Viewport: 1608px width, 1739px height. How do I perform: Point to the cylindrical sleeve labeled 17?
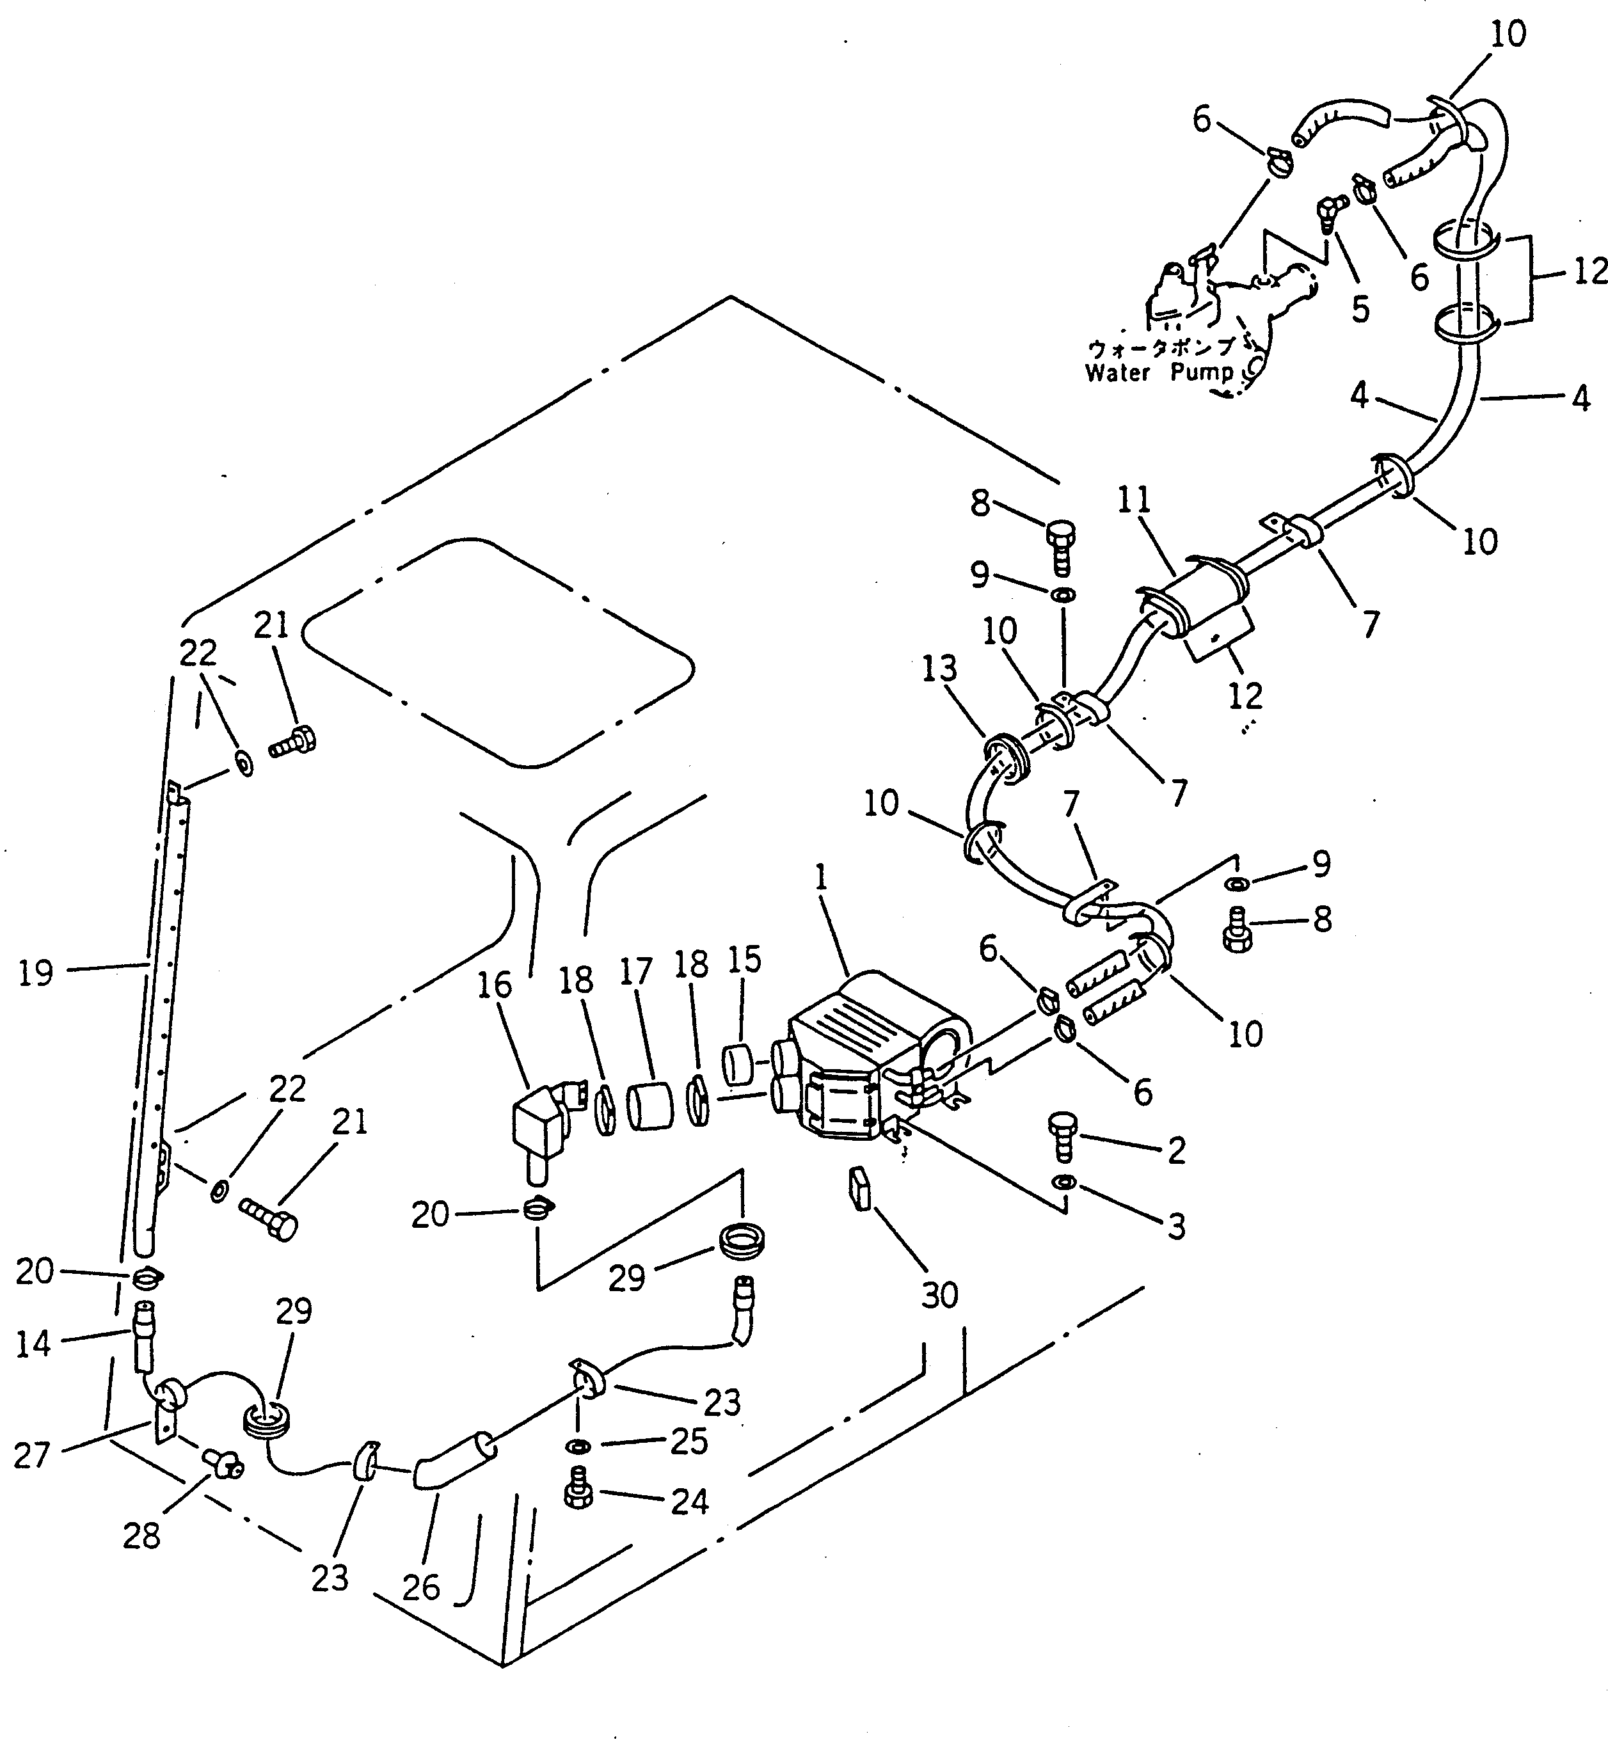(651, 1105)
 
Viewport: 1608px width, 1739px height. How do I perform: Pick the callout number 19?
(36, 973)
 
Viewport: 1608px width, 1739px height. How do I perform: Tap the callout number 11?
(1134, 500)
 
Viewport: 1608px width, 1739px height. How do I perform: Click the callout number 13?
(940, 668)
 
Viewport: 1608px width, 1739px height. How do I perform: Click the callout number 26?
(421, 1587)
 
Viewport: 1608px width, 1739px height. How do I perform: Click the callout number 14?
(34, 1344)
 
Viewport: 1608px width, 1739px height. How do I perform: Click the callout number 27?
(32, 1454)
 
